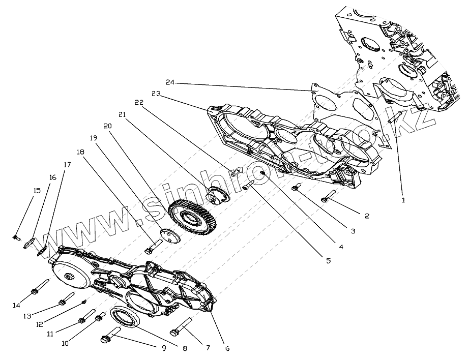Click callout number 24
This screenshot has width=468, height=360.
tap(170, 82)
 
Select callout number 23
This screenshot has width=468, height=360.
tap(156, 94)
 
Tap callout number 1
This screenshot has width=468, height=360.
tap(403, 200)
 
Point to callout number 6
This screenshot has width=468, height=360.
tap(227, 348)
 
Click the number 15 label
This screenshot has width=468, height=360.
tap(37, 191)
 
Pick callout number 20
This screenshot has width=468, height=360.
tap(107, 126)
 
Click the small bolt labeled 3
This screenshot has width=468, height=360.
tap(295, 188)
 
